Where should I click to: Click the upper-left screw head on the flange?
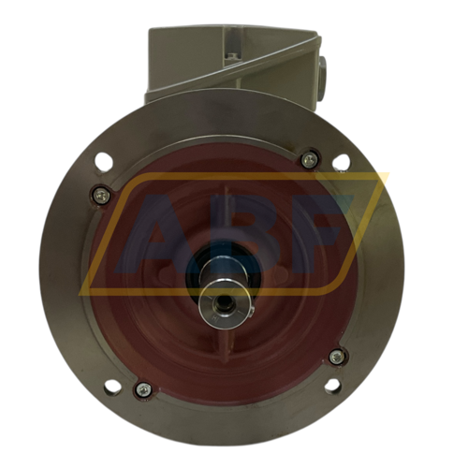[101, 196]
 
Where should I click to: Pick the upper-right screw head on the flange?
[309, 160]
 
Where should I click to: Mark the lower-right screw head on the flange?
[337, 357]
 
